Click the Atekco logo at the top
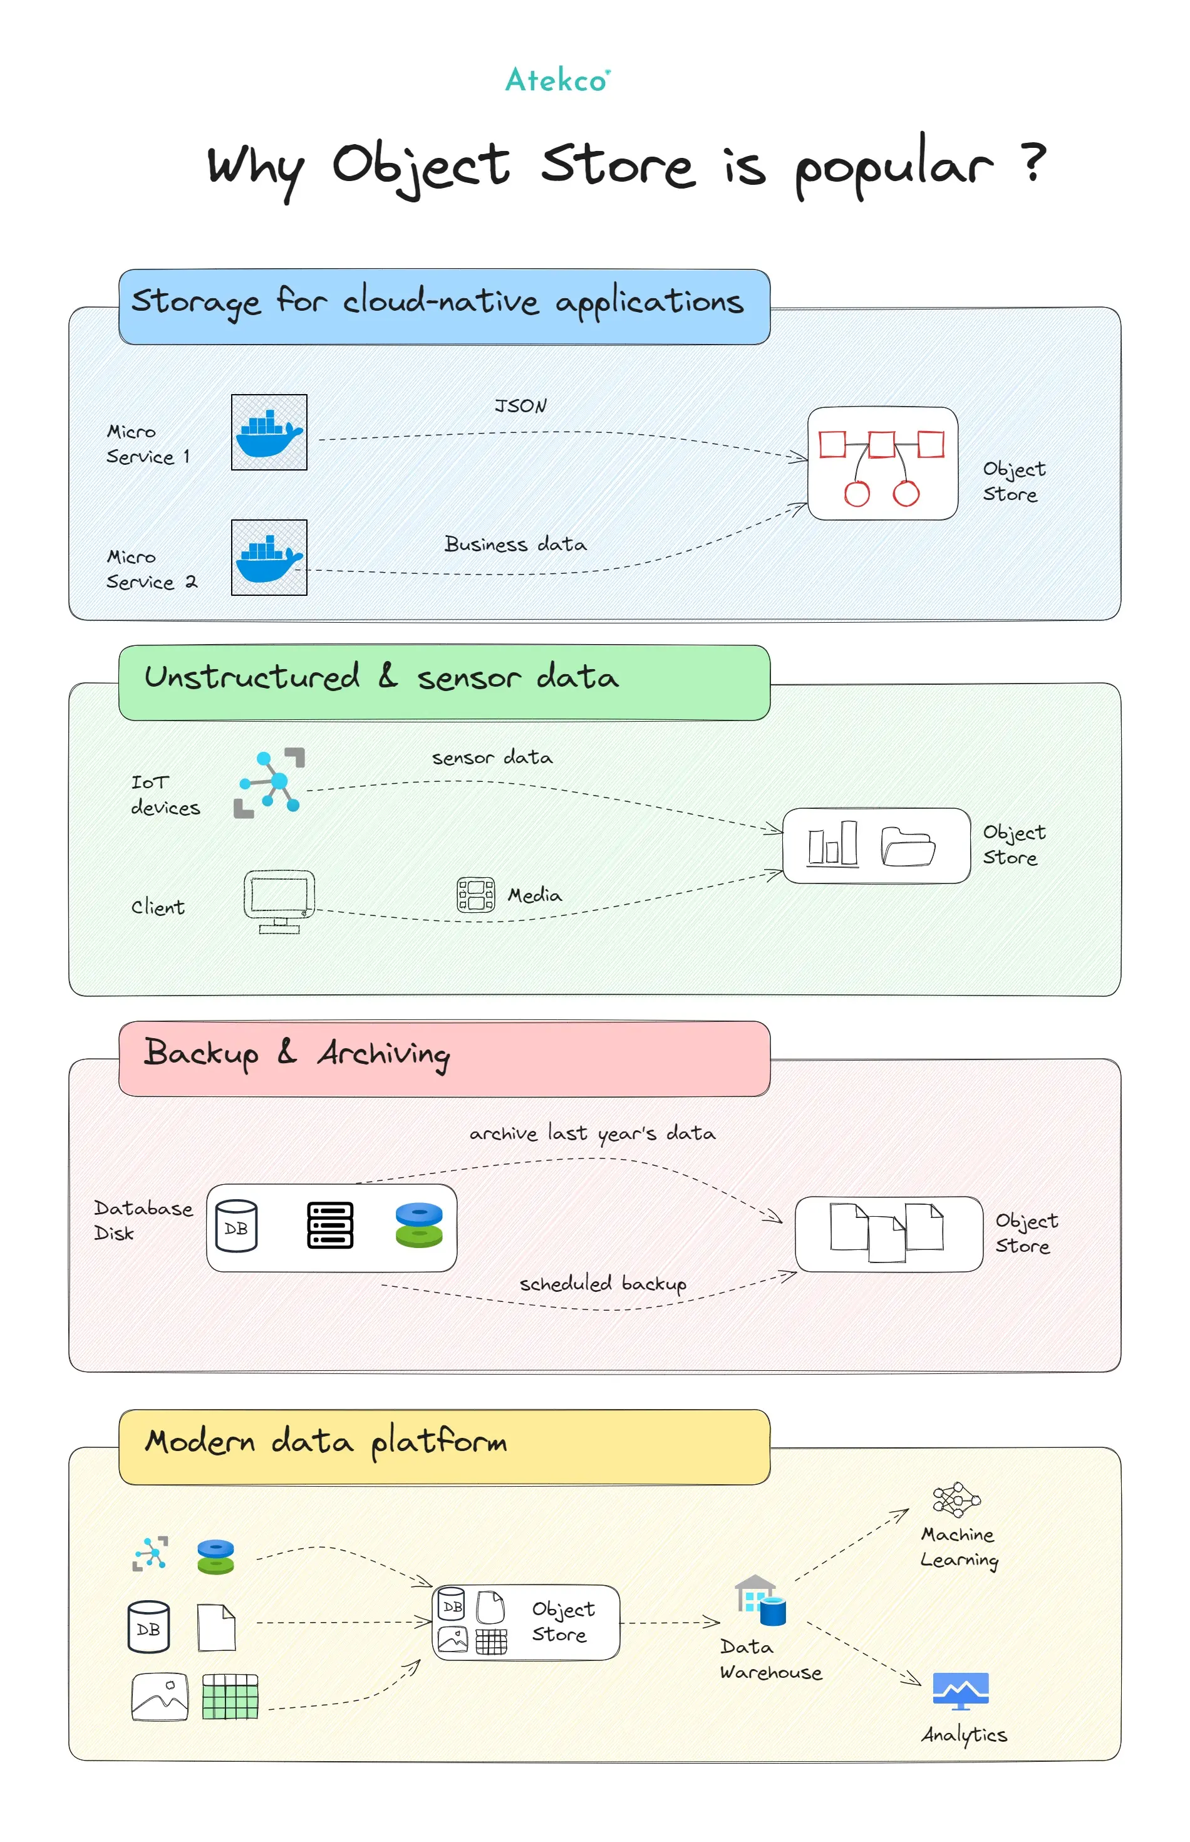click(x=557, y=80)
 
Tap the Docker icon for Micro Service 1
click(x=269, y=432)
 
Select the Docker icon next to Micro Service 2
click(x=269, y=558)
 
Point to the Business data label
click(x=515, y=544)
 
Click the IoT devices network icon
click(x=269, y=783)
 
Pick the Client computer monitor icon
click(x=279, y=902)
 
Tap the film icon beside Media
click(x=476, y=895)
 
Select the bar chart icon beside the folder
click(x=833, y=843)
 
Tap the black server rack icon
click(x=330, y=1225)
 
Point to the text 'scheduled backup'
click(x=603, y=1284)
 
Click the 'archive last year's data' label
click(x=592, y=1133)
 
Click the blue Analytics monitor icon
click(x=961, y=1691)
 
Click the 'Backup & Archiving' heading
click(x=297, y=1054)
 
